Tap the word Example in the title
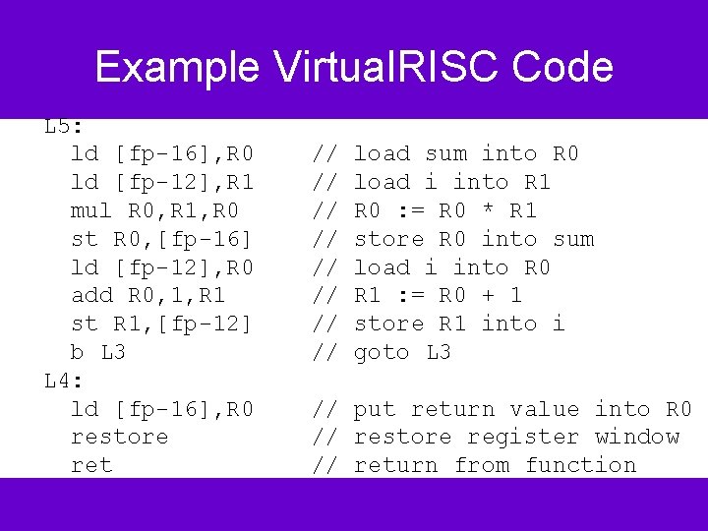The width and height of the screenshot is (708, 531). [177, 68]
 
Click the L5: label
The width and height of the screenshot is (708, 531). [64, 127]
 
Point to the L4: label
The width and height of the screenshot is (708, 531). [64, 381]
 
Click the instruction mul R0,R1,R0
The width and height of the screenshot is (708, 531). [154, 210]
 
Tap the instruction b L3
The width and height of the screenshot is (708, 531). [98, 352]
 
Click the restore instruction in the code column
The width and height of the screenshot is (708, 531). [120, 437]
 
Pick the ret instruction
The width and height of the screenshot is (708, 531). [91, 465]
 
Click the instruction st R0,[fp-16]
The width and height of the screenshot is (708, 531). [162, 239]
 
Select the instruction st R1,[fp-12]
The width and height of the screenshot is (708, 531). [162, 324]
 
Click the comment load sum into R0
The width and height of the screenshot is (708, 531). [466, 153]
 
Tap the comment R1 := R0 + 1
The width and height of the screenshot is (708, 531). [438, 295]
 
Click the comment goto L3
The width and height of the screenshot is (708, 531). [402, 352]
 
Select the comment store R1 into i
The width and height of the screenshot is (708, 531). [459, 324]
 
